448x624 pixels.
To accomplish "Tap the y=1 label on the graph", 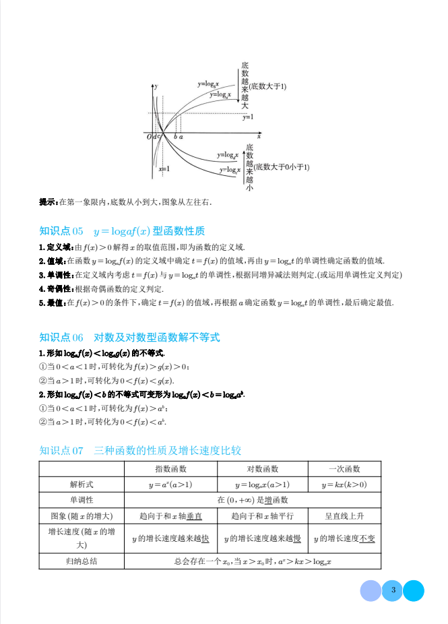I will click(248, 117).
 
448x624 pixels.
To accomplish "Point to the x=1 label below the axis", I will click(164, 169).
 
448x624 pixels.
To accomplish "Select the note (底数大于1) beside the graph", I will click(267, 86).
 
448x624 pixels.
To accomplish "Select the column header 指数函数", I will click(171, 469).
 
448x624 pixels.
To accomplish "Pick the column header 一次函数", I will click(344, 469).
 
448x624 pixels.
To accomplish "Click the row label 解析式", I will click(82, 485).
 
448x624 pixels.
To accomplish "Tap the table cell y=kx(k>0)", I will click(344, 485).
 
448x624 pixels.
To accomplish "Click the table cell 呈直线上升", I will click(344, 516).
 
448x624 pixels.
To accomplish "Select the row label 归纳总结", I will click(82, 561).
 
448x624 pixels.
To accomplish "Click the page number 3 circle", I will click(392, 591).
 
